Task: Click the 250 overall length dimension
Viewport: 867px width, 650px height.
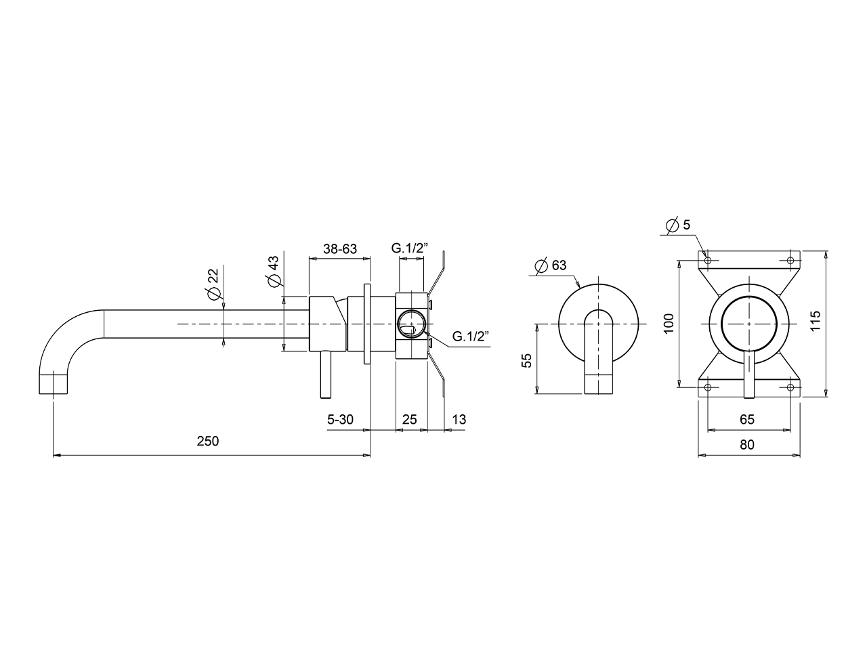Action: click(x=207, y=441)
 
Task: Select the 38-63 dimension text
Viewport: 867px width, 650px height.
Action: click(x=339, y=248)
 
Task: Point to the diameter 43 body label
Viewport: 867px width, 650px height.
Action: click(x=274, y=272)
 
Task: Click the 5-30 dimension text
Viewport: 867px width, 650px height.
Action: click(x=340, y=420)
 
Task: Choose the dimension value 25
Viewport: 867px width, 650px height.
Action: click(x=409, y=420)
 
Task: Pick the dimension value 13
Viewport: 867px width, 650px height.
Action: click(x=459, y=420)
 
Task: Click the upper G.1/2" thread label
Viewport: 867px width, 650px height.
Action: click(x=409, y=248)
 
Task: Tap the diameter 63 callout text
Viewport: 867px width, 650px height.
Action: click(x=551, y=265)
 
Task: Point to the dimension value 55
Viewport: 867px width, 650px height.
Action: click(x=526, y=360)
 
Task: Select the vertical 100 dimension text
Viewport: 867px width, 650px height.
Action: click(x=669, y=324)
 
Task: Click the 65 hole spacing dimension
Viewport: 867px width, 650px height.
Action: click(x=746, y=420)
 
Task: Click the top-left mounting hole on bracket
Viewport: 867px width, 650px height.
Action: click(x=708, y=261)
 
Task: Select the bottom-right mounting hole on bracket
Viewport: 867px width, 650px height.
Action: click(x=790, y=387)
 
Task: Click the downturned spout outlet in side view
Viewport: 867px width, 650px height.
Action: click(x=54, y=384)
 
